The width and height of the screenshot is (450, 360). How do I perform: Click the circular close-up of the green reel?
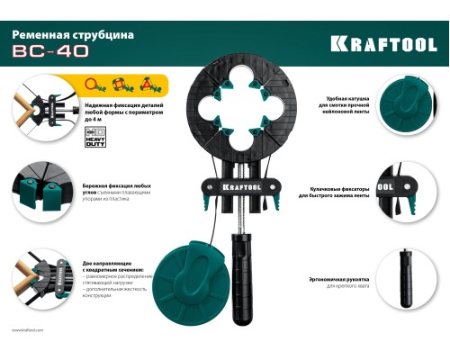(x=401, y=103)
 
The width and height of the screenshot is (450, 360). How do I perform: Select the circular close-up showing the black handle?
(x=401, y=269)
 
